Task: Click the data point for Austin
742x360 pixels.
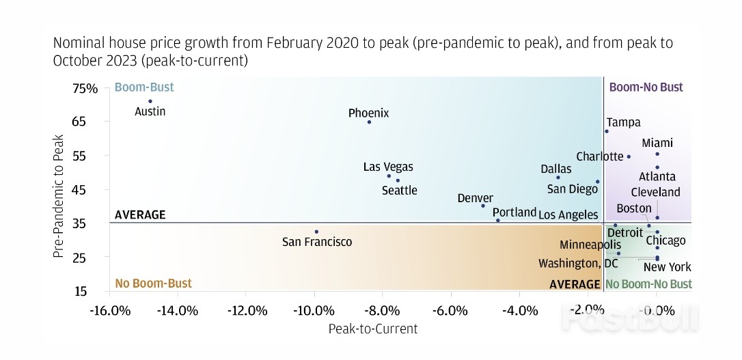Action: pyautogui.click(x=150, y=101)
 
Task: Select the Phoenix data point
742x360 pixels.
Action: pyautogui.click(x=370, y=122)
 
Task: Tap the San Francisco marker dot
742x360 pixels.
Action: pyautogui.click(x=316, y=232)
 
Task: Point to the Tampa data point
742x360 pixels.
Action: pyautogui.click(x=607, y=131)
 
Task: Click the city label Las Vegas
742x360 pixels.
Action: pyautogui.click(x=388, y=167)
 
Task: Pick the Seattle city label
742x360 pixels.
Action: pyautogui.click(x=399, y=191)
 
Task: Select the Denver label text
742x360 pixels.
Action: pyautogui.click(x=475, y=198)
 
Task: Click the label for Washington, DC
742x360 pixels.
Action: pyautogui.click(x=578, y=263)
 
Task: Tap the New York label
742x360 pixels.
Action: pyautogui.click(x=667, y=267)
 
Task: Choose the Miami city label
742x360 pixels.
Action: pyautogui.click(x=657, y=143)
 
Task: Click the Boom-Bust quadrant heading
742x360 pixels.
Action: pyautogui.click(x=144, y=87)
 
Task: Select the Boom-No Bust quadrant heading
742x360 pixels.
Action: pyautogui.click(x=646, y=87)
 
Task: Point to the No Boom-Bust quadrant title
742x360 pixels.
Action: pyautogui.click(x=153, y=283)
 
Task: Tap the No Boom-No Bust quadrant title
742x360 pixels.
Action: pyautogui.click(x=648, y=284)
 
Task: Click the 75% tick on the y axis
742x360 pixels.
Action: pyautogui.click(x=87, y=89)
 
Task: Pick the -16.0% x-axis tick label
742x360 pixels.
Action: pyautogui.click(x=110, y=311)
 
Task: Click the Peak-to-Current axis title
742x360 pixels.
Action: pyautogui.click(x=372, y=329)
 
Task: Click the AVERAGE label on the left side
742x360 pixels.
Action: pyautogui.click(x=140, y=214)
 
